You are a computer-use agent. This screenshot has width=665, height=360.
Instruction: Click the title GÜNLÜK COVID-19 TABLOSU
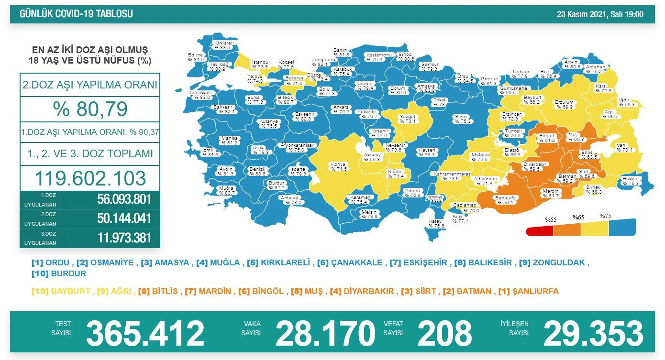coord(76,14)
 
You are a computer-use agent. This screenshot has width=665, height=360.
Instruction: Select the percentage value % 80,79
coord(90,109)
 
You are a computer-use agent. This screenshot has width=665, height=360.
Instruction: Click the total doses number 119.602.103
coord(90,178)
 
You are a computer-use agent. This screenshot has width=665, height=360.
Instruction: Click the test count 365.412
coord(145,333)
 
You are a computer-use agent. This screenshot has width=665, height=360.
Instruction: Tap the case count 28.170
coord(325,333)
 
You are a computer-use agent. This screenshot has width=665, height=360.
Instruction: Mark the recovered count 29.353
coord(593,333)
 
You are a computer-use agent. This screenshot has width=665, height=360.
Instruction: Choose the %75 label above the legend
coord(606,216)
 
